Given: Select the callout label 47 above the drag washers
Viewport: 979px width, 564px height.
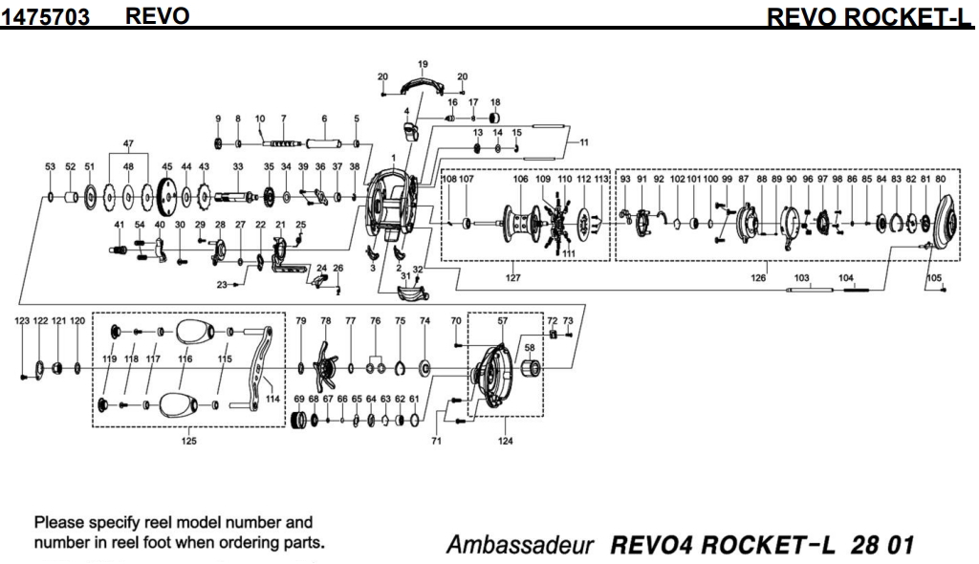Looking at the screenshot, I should pos(127,143).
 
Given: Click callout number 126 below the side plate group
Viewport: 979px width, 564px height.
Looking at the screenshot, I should pos(759,278).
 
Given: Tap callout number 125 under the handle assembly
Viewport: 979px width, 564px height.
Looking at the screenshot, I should pos(189,441).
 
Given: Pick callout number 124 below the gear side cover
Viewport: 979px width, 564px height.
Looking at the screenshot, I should pos(506,441).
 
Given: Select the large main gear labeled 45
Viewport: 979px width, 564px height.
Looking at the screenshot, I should pos(166,196).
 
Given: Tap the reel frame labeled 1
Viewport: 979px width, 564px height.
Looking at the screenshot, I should pos(388,200).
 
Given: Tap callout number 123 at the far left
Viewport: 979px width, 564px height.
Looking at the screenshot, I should pos(22,321).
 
